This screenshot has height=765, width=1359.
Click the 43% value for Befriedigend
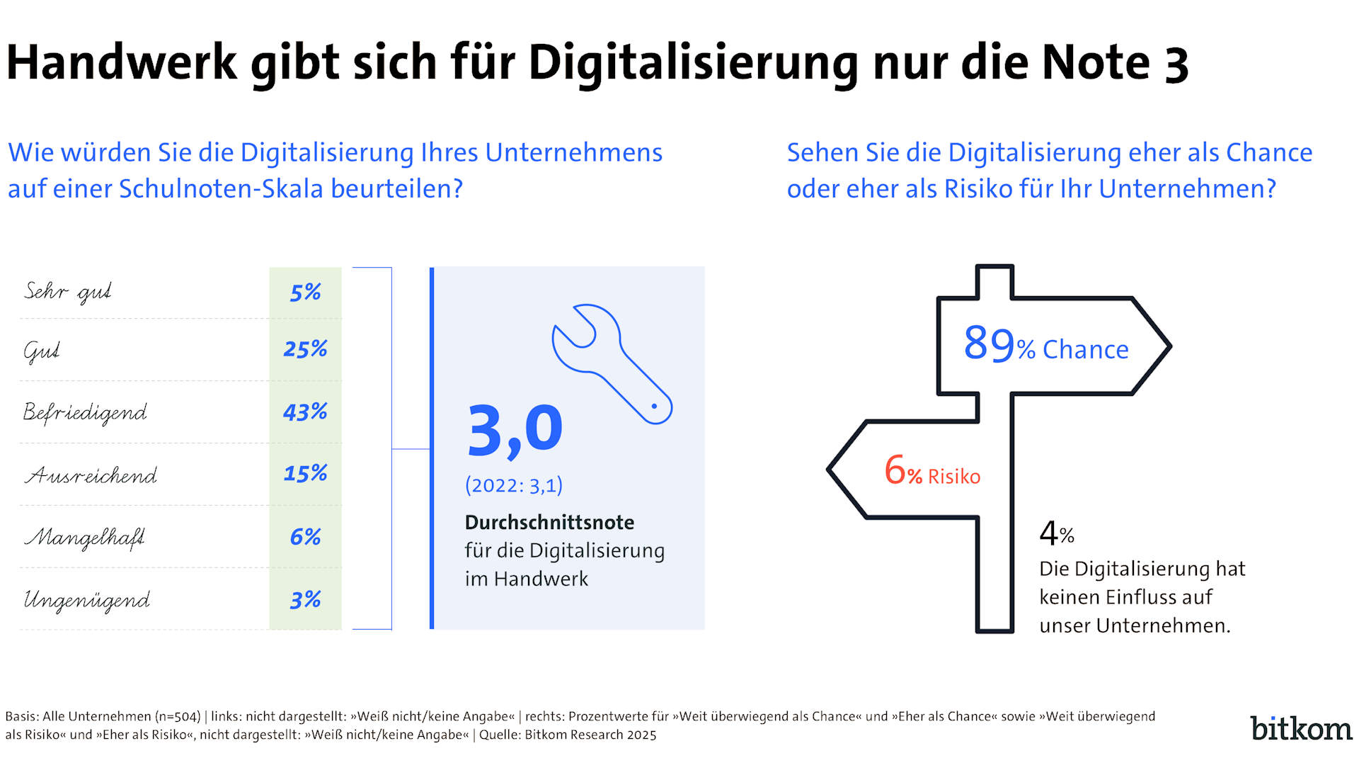pos(305,412)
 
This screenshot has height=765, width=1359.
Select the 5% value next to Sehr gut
pos(305,292)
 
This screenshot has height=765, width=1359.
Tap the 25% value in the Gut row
pos(305,348)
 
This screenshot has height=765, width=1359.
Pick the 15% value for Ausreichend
pos(305,473)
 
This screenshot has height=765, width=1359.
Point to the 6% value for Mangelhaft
pos(305,537)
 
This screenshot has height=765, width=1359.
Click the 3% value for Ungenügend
pos(305,600)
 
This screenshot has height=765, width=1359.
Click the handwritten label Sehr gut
pos(68,292)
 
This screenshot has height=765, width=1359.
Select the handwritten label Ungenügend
pos(87,601)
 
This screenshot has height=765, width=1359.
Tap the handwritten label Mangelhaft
pos(85,538)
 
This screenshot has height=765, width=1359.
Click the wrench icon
pos(612,363)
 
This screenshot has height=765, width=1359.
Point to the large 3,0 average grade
pos(515,430)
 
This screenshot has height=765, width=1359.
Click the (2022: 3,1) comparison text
pos(514,485)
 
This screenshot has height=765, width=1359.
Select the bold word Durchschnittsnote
pos(549,523)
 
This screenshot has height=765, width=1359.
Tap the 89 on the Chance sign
pos(989,344)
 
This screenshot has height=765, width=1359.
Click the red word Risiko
pos(954,477)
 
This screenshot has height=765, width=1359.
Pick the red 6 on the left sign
pos(895,470)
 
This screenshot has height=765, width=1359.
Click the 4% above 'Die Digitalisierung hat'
pos(1056,533)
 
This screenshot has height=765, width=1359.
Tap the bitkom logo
pos(1301,728)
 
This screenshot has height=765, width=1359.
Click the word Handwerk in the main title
pos(122,62)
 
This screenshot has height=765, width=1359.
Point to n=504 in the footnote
pos(178,716)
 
